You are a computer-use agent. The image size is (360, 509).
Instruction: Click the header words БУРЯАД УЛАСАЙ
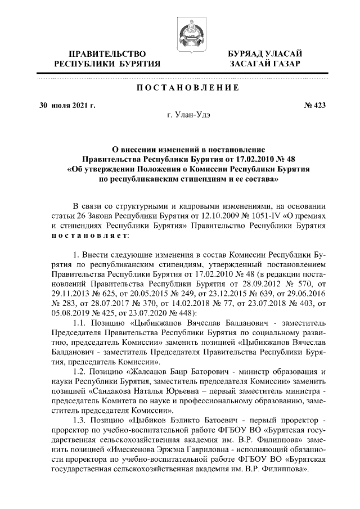pyautogui.click(x=264, y=53)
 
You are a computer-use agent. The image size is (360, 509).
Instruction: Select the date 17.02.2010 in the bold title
pyautogui.click(x=235, y=159)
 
